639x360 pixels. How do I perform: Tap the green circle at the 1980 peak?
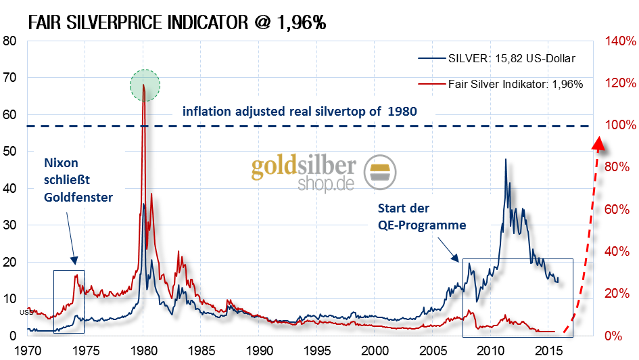click(x=145, y=85)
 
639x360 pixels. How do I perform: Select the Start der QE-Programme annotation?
click(x=422, y=217)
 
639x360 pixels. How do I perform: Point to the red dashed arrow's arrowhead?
click(x=598, y=143)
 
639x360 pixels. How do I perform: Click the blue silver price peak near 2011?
click(x=505, y=160)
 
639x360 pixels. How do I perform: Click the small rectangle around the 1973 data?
click(x=69, y=301)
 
